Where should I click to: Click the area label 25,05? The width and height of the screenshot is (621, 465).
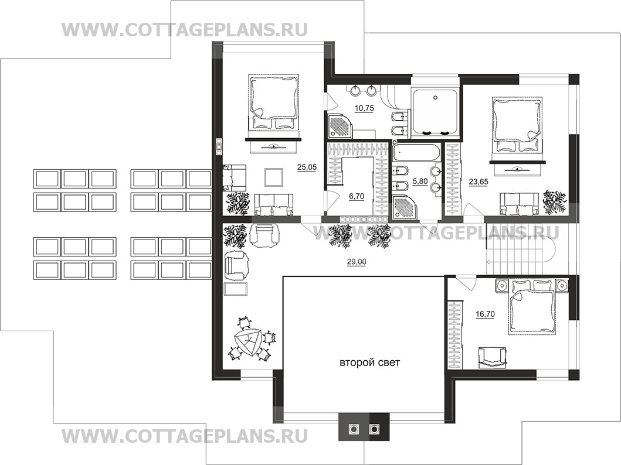point(307,167)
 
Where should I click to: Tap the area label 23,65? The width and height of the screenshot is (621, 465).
point(479,182)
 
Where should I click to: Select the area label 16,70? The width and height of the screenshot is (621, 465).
point(485,314)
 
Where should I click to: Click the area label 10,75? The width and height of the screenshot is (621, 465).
point(364,108)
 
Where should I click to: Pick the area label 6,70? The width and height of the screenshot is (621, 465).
point(356,196)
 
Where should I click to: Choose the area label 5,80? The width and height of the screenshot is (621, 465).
point(420,182)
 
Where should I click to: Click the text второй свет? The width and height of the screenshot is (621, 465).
point(369,363)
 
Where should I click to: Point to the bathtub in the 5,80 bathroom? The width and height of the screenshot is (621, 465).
point(416,152)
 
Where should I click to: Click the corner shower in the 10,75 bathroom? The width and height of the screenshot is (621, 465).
point(339,125)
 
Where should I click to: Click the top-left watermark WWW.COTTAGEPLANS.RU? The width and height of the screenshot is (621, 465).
point(185,30)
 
